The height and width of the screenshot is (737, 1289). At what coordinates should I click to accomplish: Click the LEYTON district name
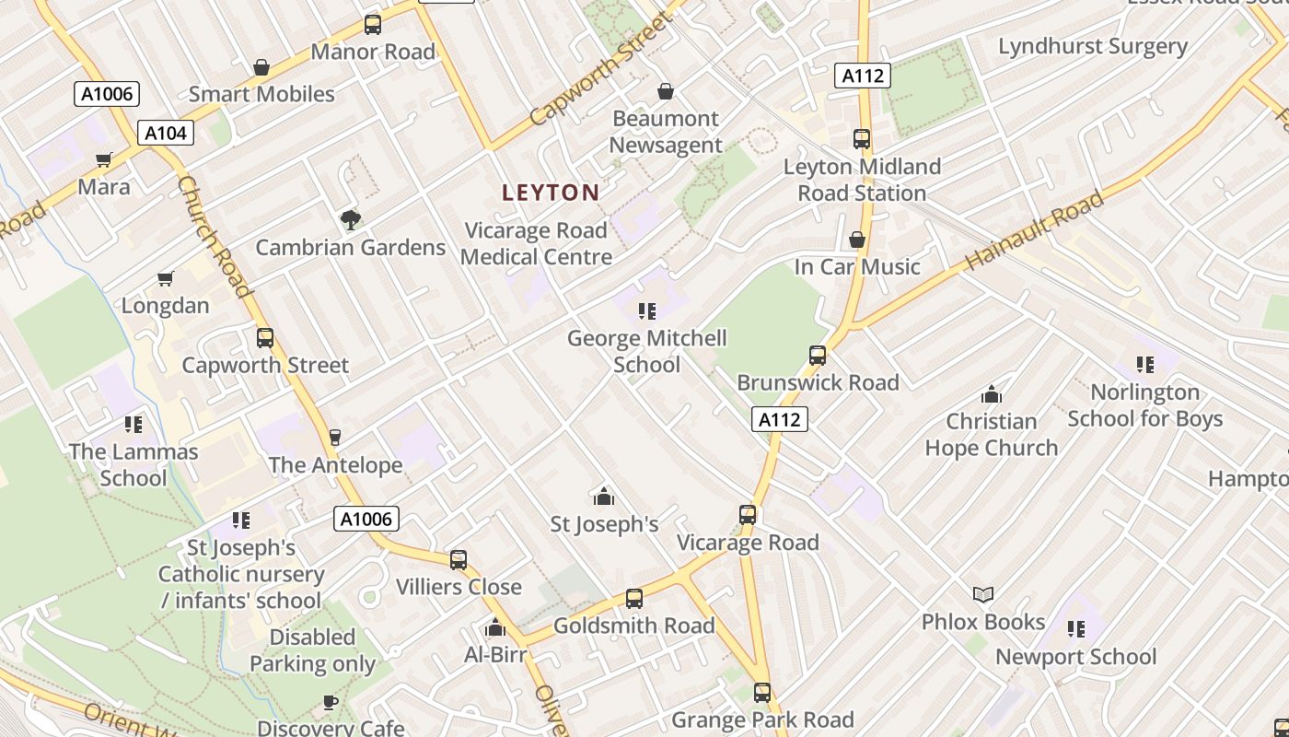pos(551,193)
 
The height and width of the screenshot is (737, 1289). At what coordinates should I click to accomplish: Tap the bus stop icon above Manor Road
pos(372,25)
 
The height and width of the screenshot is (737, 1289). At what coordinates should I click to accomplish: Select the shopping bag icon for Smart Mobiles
pos(261,67)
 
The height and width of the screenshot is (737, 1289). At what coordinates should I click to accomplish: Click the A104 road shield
pos(166,133)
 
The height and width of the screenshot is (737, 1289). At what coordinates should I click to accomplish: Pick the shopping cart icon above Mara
pos(104,160)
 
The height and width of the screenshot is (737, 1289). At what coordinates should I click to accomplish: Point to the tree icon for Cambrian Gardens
pos(350,219)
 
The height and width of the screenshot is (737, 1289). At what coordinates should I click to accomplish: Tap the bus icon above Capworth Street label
pos(265,338)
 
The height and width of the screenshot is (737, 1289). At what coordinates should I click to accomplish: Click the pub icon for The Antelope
pos(335,437)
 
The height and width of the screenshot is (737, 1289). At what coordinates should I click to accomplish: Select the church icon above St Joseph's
pos(604,497)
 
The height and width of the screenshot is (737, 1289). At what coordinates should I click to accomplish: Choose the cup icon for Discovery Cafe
pos(330,702)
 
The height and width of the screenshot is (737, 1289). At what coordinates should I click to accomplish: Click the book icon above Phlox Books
pos(983,594)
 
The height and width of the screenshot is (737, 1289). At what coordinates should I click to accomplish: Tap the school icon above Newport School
pos(1075,629)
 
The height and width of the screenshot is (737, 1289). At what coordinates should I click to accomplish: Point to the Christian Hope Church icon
pos(992,394)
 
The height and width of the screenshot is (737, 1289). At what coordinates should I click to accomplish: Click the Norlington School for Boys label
pos(1145,405)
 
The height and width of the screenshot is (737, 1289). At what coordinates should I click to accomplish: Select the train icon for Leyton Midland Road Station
pos(862,139)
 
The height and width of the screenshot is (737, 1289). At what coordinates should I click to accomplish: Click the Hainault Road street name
pos(1035,230)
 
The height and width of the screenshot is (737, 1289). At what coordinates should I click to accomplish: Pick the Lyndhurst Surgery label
pos(1093,46)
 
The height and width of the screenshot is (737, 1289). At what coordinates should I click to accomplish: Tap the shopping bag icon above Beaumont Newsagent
pos(665,91)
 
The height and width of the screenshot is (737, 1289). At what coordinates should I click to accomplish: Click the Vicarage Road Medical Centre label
pos(536,243)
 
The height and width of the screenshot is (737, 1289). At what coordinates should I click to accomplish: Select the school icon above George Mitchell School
pos(646,311)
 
